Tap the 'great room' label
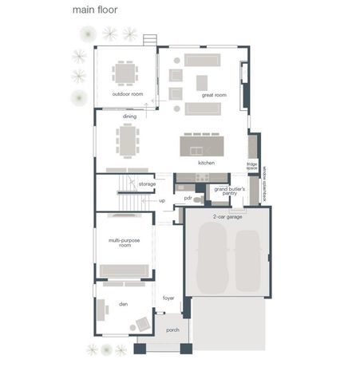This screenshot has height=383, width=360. click(213, 95)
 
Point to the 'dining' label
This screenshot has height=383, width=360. click(129, 116)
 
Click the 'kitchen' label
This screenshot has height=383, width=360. click(207, 163)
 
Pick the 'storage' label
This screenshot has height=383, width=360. click(147, 184)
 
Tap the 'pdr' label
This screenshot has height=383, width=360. click(188, 198)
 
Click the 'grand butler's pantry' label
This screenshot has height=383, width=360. click(229, 191)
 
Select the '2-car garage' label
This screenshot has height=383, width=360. click(227, 216)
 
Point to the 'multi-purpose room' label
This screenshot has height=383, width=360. click(125, 243)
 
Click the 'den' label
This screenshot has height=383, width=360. click(124, 303)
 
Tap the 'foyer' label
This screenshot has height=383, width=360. click(168, 298)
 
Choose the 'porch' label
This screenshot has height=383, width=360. click(172, 330)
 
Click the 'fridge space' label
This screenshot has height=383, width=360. click(251, 166)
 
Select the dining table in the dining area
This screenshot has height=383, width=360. click(128, 141)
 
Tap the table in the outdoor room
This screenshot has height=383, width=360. click(125, 73)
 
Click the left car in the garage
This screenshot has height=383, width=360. click(212, 257)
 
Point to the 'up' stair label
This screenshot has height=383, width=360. click(162, 200)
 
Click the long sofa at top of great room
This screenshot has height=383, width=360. click(202, 60)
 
